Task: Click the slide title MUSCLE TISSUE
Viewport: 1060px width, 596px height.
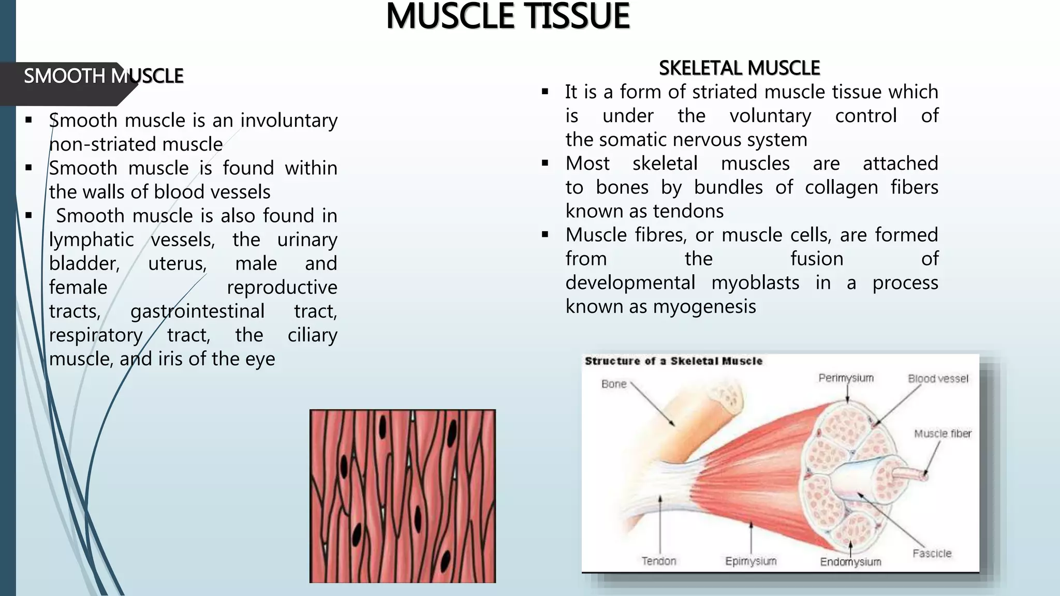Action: [x=508, y=17]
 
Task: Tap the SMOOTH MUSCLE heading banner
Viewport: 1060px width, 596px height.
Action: [x=103, y=77]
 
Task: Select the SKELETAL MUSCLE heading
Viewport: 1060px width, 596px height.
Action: [x=739, y=68]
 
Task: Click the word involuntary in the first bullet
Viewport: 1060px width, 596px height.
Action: [x=288, y=121]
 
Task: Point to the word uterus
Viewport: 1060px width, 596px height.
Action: [x=178, y=263]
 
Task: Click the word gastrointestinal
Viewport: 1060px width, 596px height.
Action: [x=197, y=311]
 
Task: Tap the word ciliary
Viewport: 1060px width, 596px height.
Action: [x=312, y=335]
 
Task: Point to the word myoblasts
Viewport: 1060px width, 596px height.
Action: [x=755, y=283]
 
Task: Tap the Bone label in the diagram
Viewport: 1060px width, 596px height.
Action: [x=614, y=384]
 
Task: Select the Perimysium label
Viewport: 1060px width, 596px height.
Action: [x=846, y=378]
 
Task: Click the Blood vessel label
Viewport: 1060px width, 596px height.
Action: [x=938, y=379]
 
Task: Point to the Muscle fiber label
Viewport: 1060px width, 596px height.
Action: [x=943, y=434]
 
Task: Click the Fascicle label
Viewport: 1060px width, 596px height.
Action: [x=932, y=554]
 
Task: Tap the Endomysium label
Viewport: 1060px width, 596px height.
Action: [x=850, y=562]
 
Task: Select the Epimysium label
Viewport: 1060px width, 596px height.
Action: [x=750, y=561]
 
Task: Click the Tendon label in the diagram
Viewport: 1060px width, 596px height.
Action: [x=658, y=561]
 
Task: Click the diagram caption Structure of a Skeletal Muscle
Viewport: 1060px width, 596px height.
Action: [x=673, y=361]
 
